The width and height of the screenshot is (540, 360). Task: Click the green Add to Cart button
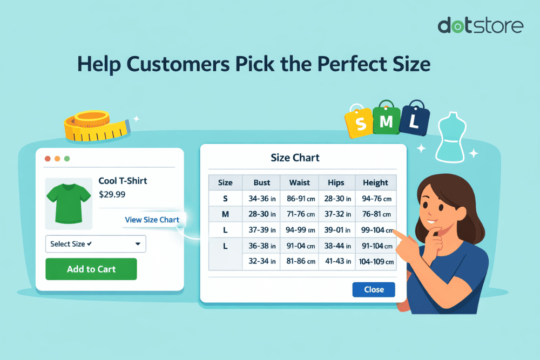[91, 269]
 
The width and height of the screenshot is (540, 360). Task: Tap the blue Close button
[373, 289]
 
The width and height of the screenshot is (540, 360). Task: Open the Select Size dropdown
[95, 244]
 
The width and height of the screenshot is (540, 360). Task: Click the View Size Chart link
[152, 220]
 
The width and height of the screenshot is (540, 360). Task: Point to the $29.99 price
[112, 194]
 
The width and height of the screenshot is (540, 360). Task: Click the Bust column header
[261, 182]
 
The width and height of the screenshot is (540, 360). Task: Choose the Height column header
[375, 182]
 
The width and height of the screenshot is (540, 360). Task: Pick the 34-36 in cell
[262, 199]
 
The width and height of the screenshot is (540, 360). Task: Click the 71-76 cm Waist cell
[299, 214]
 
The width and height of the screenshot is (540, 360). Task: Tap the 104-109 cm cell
[375, 262]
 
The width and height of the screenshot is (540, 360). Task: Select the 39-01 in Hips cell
[337, 230]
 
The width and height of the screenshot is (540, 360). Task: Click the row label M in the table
[225, 214]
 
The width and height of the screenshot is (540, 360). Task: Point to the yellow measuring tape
[94, 126]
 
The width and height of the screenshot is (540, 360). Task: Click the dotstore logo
[480, 25]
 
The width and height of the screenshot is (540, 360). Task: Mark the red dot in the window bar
[48, 159]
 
